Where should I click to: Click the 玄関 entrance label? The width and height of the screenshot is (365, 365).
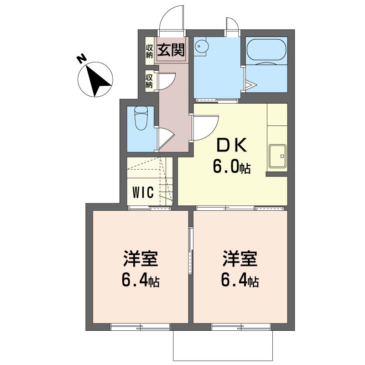click(171, 50)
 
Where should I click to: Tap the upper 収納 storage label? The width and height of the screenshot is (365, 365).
click(149, 51)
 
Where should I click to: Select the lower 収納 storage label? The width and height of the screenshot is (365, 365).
click(149, 81)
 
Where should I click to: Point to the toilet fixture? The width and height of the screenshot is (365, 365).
click(141, 118)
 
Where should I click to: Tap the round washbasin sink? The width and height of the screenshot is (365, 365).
click(201, 46)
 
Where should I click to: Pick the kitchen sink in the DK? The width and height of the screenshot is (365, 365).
click(277, 156)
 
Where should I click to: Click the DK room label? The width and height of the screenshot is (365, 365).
click(232, 145)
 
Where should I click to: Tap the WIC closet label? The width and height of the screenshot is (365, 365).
click(143, 192)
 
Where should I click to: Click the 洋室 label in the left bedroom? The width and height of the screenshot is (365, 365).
click(141, 258)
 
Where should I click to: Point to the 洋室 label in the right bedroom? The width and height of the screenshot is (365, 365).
click(240, 258)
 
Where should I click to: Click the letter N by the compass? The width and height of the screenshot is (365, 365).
click(82, 59)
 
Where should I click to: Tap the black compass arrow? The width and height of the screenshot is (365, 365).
click(99, 81)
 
